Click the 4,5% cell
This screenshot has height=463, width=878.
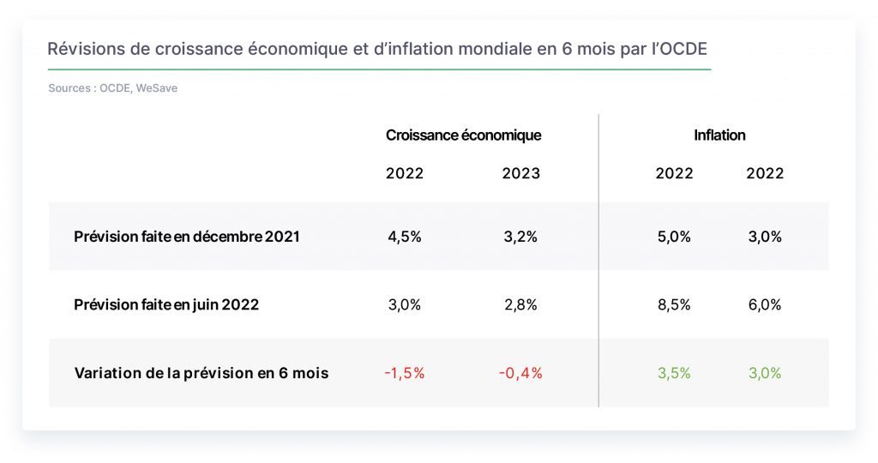(x=405, y=237)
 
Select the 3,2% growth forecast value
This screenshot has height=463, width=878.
(x=520, y=237)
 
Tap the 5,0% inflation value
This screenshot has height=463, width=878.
(x=674, y=237)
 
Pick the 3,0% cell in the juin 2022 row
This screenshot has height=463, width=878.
(x=405, y=305)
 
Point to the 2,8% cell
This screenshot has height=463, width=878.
(x=520, y=305)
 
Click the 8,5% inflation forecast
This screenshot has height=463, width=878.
(x=674, y=305)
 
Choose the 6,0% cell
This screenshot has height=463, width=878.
(x=764, y=305)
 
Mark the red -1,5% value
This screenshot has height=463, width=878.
(x=405, y=374)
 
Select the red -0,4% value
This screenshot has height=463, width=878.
(x=520, y=374)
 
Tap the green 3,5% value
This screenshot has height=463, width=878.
(x=674, y=374)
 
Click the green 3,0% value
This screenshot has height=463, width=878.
(x=764, y=374)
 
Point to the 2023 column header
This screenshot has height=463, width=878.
(x=520, y=173)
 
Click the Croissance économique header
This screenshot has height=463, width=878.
(x=464, y=135)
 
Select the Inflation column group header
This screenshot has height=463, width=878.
(x=719, y=135)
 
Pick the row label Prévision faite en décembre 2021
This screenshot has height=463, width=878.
(x=186, y=237)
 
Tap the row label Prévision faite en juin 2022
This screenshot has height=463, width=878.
(x=166, y=305)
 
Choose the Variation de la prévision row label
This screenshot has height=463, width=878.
(x=201, y=374)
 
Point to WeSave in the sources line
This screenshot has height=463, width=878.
(x=157, y=88)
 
